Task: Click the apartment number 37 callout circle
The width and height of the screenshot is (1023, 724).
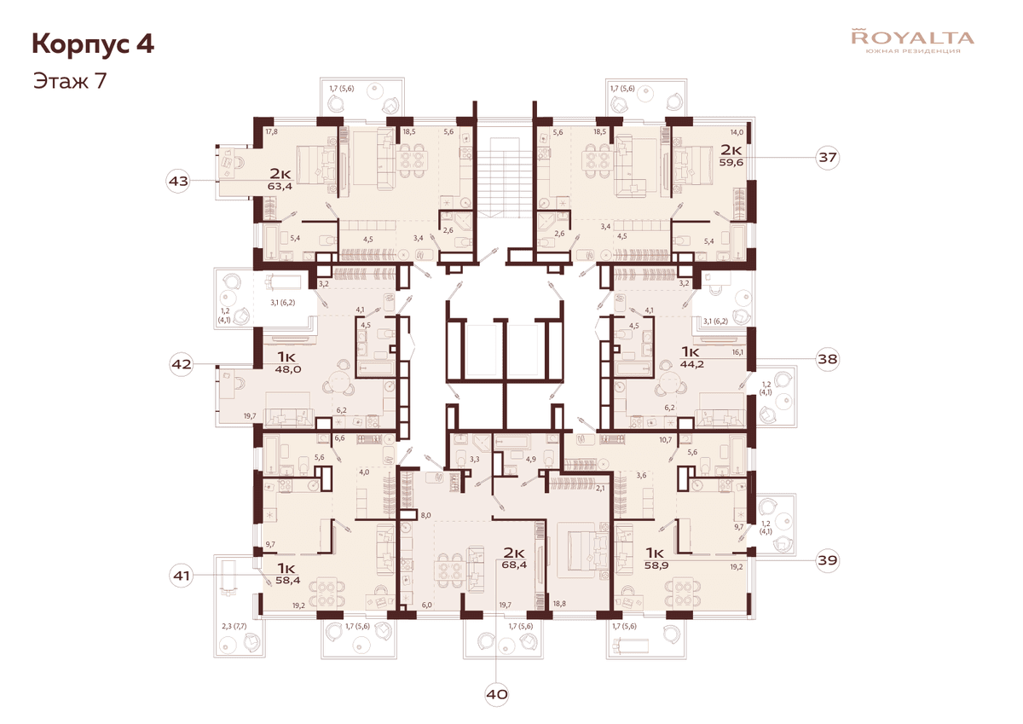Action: coord(827,157)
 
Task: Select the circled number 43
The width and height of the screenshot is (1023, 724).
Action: coord(178,181)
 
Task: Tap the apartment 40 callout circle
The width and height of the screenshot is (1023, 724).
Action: coord(497,694)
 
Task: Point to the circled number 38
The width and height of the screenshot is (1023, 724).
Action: coord(827,359)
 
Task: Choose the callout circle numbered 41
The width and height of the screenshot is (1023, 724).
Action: coord(182,576)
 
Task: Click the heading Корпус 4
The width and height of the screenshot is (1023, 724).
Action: coord(93,44)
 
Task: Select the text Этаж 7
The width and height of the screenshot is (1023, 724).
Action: coord(70,80)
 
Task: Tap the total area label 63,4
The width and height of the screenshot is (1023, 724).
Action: coord(280,187)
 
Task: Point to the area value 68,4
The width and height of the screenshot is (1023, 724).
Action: coord(514,565)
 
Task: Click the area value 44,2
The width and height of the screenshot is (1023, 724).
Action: coord(692,364)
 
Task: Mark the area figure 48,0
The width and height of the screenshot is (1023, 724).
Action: coord(288,369)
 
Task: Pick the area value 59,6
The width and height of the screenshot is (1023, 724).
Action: coord(731,162)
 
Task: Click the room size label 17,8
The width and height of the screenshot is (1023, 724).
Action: coord(271,131)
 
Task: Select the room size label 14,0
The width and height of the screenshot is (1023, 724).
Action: coord(737,132)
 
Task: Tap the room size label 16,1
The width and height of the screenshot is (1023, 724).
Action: coord(737,353)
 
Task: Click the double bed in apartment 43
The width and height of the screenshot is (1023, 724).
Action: coord(317,165)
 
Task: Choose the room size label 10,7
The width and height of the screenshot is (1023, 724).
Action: coord(666,440)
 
